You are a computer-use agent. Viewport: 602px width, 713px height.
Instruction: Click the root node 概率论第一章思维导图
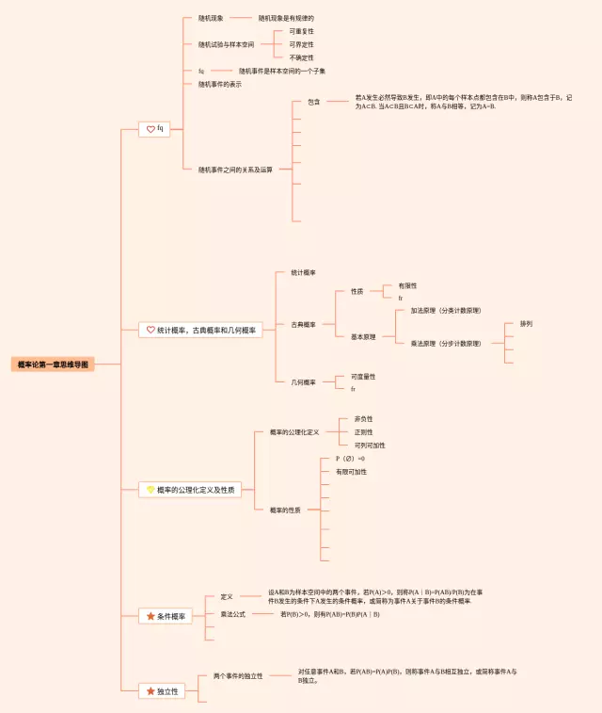[54, 364]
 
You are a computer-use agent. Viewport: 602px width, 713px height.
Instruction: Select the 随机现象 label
[211, 18]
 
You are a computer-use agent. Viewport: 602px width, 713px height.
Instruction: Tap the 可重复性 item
[301, 31]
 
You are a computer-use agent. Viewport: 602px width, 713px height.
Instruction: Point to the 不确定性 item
[301, 57]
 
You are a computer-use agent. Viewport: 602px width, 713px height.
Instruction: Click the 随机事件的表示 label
[219, 84]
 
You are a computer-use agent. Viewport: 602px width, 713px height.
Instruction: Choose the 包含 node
[313, 101]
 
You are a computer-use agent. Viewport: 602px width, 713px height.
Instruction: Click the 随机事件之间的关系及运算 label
[235, 170]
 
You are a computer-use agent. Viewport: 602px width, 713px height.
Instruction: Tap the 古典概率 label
[303, 324]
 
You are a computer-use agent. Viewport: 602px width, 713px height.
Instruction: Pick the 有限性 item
[407, 284]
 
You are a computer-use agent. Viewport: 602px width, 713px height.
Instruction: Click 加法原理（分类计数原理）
[445, 311]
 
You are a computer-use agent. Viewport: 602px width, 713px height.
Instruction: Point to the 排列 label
[526, 323]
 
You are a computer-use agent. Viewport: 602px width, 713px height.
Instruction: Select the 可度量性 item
[363, 376]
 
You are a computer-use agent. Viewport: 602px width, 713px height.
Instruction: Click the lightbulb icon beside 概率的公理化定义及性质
[149, 490]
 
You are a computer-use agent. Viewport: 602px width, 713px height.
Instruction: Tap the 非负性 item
[363, 418]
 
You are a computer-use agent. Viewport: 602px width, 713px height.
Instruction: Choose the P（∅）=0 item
[350, 458]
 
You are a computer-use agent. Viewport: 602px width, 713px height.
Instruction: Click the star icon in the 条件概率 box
[150, 616]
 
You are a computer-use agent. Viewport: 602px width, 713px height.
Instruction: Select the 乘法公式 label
[232, 614]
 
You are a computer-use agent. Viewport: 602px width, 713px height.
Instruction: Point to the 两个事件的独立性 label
[237, 676]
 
